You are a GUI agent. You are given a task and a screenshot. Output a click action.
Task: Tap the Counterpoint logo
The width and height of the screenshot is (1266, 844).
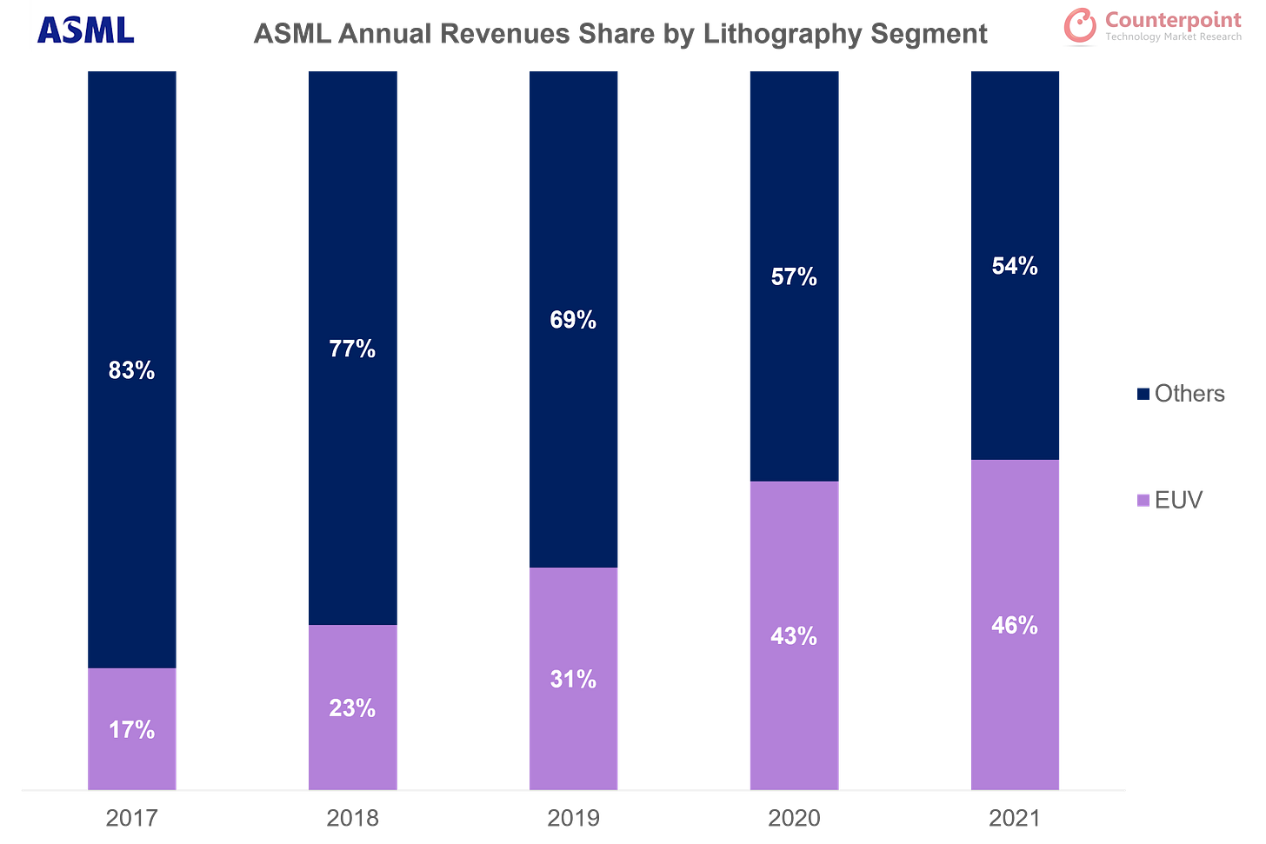(x=1151, y=25)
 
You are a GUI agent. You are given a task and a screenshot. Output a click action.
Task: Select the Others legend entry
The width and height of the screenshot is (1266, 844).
(x=1181, y=394)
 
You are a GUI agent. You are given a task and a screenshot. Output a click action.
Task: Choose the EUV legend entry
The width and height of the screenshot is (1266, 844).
(x=1170, y=500)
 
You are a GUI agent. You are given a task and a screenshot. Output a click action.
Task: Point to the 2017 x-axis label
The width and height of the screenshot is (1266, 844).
(x=132, y=818)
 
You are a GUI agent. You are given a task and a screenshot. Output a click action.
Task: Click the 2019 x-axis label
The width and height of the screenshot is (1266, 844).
(x=574, y=818)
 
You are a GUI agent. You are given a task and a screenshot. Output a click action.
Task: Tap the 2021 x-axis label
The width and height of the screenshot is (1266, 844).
(x=1015, y=818)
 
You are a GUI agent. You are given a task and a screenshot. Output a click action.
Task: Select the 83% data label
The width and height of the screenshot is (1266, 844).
(x=132, y=370)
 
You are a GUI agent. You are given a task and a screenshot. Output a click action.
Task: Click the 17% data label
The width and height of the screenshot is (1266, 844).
(x=132, y=729)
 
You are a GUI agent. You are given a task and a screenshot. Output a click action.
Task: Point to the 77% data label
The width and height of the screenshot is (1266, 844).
(x=352, y=349)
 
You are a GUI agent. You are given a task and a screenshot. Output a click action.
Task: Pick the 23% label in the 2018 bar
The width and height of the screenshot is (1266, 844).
(x=352, y=708)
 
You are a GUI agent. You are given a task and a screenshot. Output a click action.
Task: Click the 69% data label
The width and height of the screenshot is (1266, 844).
(x=573, y=320)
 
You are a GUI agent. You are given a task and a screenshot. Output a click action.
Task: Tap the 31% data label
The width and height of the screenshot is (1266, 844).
(x=573, y=679)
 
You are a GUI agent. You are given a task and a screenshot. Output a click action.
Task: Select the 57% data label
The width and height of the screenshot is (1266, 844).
(x=794, y=276)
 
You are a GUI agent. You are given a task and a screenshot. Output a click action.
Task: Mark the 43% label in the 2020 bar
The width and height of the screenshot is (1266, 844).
(x=794, y=636)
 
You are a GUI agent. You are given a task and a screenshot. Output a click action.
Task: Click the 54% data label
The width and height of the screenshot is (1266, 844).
(x=1015, y=266)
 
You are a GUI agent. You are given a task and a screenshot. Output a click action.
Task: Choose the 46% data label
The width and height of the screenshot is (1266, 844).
(x=1015, y=625)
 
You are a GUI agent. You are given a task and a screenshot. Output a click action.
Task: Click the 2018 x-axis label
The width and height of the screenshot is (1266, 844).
(x=352, y=818)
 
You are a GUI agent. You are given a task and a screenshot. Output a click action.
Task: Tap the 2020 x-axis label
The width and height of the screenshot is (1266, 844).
(x=794, y=818)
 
